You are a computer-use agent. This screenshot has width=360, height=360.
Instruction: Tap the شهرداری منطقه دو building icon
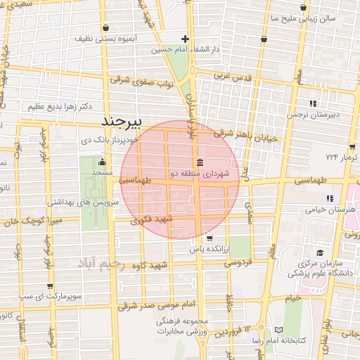[x=201, y=164]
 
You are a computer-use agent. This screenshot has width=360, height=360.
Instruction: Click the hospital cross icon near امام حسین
[x=185, y=39]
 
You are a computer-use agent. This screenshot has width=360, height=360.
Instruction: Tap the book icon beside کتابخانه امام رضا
[x=279, y=330]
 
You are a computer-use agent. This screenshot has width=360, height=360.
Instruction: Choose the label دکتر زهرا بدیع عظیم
[x=61, y=107]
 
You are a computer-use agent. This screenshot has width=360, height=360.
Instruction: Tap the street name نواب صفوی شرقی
[x=140, y=82]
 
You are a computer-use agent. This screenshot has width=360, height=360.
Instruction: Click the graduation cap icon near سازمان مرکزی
[x=320, y=252]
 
